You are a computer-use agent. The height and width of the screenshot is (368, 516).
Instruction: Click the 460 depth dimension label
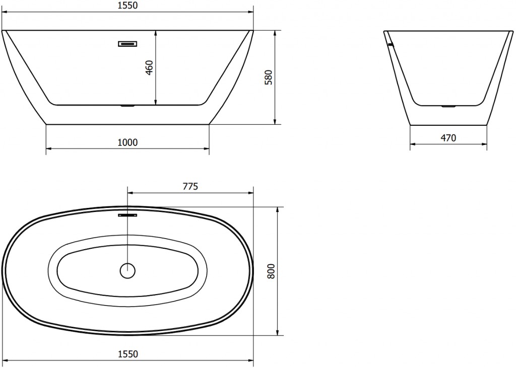(x=149, y=67)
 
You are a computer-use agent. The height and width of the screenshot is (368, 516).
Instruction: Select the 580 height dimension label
(x=269, y=78)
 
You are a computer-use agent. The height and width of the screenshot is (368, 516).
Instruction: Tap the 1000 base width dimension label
(x=127, y=142)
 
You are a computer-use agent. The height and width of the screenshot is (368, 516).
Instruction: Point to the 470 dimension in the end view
(x=448, y=138)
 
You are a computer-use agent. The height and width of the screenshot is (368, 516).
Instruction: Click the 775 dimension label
(x=190, y=186)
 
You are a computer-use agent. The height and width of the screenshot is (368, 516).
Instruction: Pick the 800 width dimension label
(x=271, y=271)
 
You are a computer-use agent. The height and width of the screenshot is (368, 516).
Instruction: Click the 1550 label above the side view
(x=127, y=5)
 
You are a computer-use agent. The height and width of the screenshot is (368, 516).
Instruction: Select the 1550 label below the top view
(x=127, y=354)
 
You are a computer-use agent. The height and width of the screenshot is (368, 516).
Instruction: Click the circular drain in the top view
(x=127, y=271)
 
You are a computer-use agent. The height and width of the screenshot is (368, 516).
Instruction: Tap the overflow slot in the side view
(x=127, y=44)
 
